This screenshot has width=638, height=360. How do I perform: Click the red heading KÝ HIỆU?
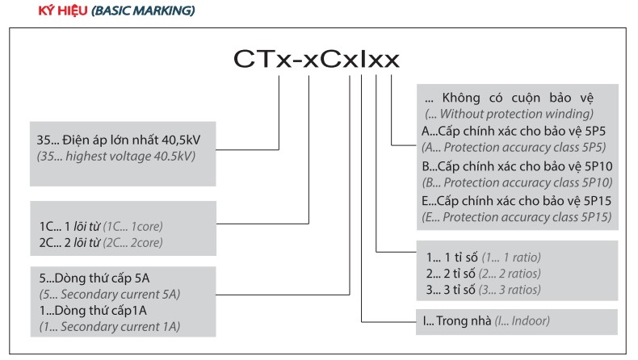[x=63, y=10]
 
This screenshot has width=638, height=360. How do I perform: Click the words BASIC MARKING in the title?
[x=143, y=10]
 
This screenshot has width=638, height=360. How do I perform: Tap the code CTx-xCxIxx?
[x=316, y=59]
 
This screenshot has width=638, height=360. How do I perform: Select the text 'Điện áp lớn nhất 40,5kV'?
[x=132, y=140]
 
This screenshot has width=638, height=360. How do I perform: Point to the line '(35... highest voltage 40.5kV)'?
[x=116, y=157]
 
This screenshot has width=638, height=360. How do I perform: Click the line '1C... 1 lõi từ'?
[x=69, y=226]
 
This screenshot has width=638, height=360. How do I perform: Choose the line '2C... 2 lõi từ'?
[x=69, y=242]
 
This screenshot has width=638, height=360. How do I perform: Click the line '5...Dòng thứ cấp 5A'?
[x=94, y=278]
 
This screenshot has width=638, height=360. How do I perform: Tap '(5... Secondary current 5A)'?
[x=110, y=294]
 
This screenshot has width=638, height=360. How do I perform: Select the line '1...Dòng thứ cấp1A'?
[x=93, y=311]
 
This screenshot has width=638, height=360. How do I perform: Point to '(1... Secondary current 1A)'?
[x=110, y=327]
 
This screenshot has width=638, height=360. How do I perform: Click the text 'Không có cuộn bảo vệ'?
[x=518, y=98]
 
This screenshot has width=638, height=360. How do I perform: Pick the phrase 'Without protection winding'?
[x=515, y=114]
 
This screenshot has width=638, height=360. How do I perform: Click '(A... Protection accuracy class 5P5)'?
[x=514, y=147]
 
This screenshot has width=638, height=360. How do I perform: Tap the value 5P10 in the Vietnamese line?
[x=598, y=166]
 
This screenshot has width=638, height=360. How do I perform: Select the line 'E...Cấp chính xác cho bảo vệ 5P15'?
[x=516, y=201]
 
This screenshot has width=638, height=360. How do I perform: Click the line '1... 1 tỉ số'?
[x=452, y=257]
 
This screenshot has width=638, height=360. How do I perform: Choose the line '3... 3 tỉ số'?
[x=451, y=290]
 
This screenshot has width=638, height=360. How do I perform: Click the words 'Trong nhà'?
[x=464, y=321]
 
